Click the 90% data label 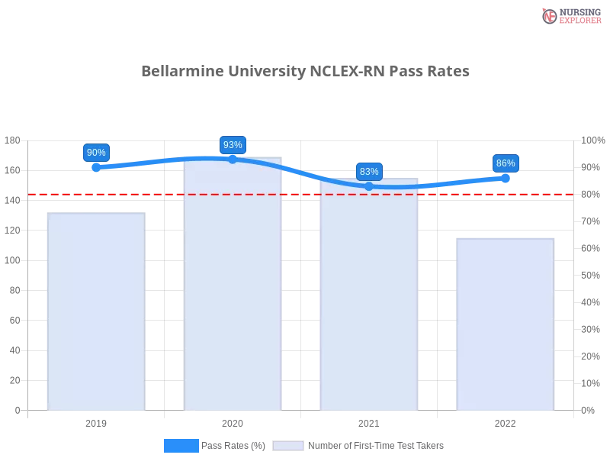click(x=96, y=152)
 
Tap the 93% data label click(x=233, y=144)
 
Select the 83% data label click(x=369, y=171)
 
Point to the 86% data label click(x=505, y=163)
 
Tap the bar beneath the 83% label click(x=369, y=298)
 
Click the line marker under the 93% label click(x=233, y=159)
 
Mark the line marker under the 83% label click(x=369, y=185)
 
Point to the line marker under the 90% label click(x=96, y=166)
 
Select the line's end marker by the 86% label click(x=506, y=178)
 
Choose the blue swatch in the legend click(x=181, y=445)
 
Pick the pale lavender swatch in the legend click(x=288, y=445)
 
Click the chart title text click(x=305, y=71)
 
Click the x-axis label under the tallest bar click(x=232, y=421)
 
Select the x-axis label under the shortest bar click(x=505, y=421)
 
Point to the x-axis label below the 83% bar click(x=369, y=421)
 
